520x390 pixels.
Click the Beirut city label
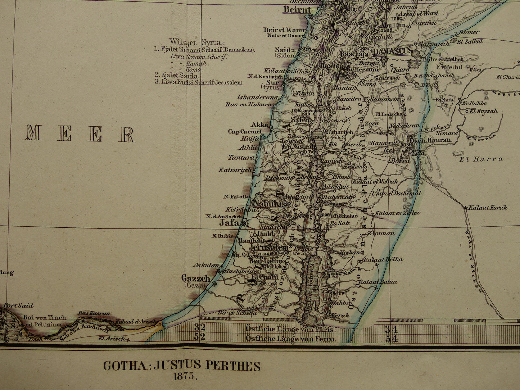297,10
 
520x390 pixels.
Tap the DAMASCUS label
392,52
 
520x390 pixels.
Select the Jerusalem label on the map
268,248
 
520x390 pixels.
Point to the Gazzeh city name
195,278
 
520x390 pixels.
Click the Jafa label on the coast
229,223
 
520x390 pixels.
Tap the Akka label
259,125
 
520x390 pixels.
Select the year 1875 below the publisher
185,377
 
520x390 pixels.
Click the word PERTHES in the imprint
233,366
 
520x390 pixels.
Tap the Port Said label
18,306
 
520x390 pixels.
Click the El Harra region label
481,159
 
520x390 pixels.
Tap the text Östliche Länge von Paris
290,329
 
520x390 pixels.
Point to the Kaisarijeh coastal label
235,169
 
